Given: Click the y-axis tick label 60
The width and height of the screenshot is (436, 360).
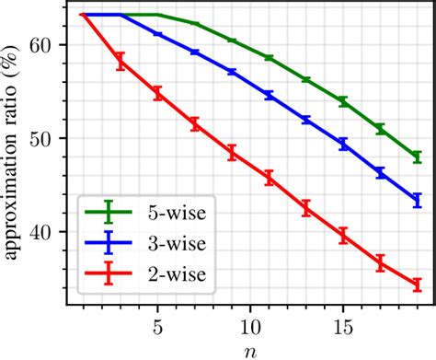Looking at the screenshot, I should click(44, 44).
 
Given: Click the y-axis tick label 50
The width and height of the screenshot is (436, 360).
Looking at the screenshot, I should click(44, 139).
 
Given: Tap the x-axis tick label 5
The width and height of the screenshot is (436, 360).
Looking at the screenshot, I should click(157, 326).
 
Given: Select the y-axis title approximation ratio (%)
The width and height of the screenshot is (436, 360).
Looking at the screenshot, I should click(13, 152).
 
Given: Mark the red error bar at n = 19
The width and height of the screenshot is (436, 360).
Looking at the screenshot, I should click(417, 285).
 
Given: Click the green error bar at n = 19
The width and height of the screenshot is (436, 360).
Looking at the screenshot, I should click(417, 157).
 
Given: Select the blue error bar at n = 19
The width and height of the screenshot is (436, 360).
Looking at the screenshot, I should click(417, 200).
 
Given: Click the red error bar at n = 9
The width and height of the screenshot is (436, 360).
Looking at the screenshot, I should click(232, 153).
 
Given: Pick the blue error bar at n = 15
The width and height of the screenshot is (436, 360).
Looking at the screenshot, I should click(343, 145).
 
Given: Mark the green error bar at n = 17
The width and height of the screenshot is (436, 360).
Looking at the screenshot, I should click(380, 130).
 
